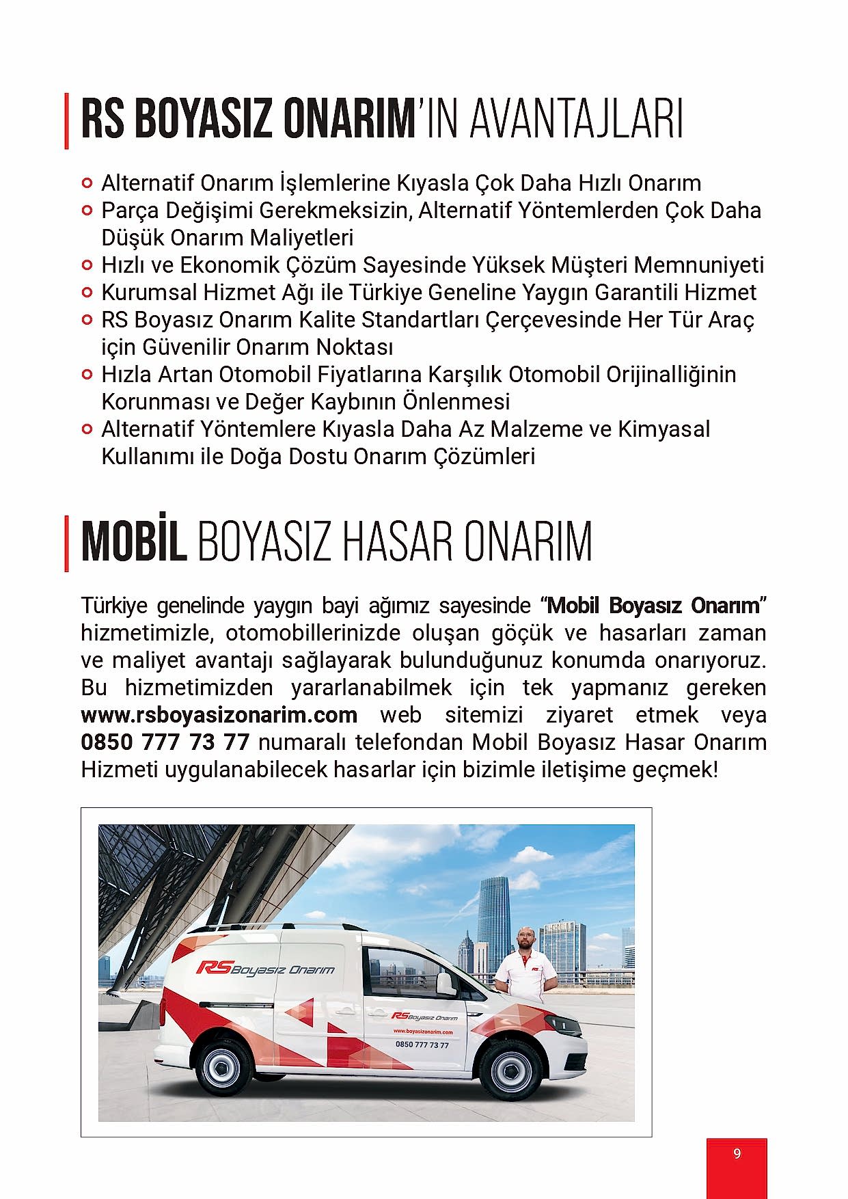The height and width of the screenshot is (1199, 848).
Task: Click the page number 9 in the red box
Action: pyautogui.click(x=737, y=1153)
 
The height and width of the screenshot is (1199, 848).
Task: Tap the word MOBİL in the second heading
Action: pyautogui.click(x=134, y=542)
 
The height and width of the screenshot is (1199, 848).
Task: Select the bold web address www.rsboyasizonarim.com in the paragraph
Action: pyautogui.click(x=219, y=715)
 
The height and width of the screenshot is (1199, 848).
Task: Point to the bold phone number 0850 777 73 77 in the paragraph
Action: pyautogui.click(x=165, y=742)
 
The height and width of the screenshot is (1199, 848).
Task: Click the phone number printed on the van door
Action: pyautogui.click(x=422, y=1045)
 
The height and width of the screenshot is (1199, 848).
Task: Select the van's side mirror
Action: pyautogui.click(x=445, y=983)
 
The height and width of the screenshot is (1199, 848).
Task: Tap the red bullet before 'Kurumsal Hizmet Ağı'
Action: pyautogui.click(x=86, y=293)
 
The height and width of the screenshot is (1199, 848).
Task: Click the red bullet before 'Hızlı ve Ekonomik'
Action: pyautogui.click(x=86, y=265)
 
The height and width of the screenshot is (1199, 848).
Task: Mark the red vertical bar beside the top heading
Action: pyautogui.click(x=66, y=121)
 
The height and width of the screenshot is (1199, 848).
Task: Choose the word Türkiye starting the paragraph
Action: pyautogui.click(x=114, y=606)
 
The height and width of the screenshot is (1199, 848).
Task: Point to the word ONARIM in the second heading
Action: pyautogui.click(x=528, y=542)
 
